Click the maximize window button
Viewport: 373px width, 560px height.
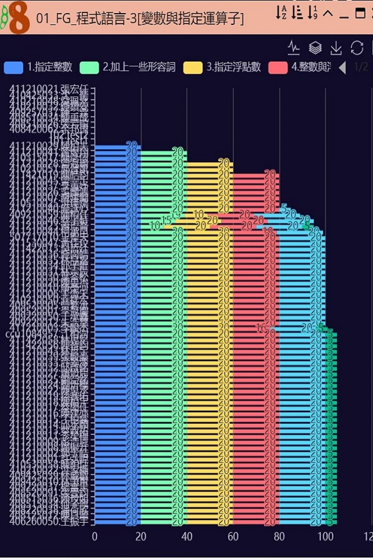360,13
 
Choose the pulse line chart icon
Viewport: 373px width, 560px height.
294,48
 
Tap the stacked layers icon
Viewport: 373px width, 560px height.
315,48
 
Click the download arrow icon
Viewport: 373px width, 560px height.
336,48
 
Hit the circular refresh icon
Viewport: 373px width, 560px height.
357,48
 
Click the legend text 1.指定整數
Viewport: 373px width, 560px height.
50,67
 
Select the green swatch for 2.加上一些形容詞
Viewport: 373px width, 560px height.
89,68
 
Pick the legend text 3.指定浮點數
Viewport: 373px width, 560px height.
233,67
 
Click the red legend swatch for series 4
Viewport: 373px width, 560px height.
278,68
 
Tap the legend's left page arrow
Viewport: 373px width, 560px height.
342,68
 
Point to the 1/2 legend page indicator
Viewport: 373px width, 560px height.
361,67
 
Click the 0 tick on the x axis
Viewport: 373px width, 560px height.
95,536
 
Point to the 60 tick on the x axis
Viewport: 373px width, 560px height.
233,536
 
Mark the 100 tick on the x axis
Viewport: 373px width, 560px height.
325,536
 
